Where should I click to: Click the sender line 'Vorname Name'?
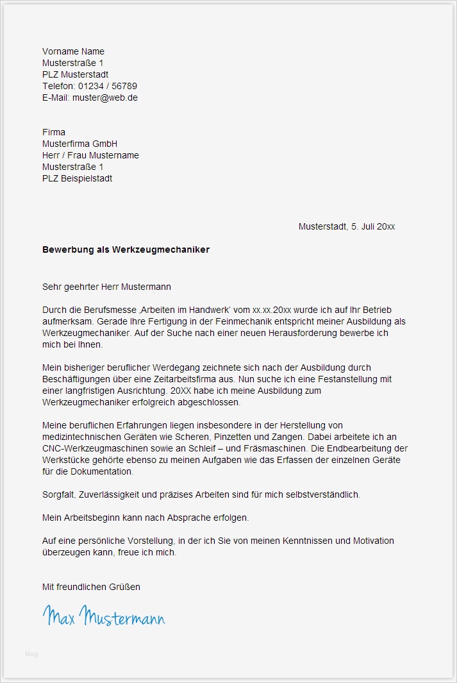coord(73,51)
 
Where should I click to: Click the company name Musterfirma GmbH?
coord(79,144)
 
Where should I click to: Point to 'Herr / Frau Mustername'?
coord(90,155)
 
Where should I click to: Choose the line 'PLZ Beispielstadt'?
coord(77,178)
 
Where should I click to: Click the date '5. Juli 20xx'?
coord(372,226)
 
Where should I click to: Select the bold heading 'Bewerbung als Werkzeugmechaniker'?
coord(126,249)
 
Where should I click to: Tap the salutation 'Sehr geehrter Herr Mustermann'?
coord(106,287)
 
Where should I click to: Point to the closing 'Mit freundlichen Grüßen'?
coord(91,586)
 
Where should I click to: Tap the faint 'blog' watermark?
coord(31,654)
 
